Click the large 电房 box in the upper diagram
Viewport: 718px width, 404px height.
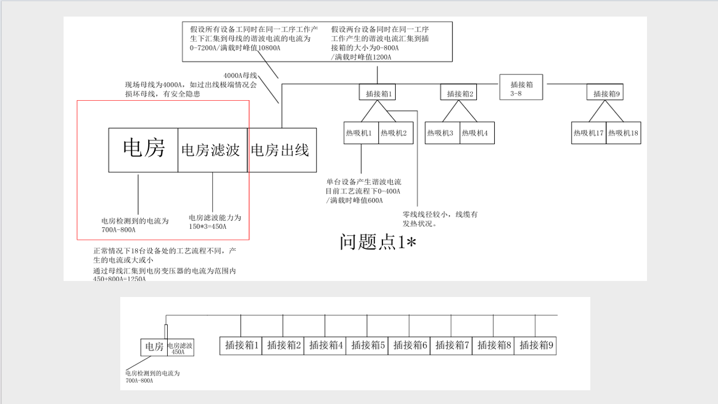pyautogui.click(x=143, y=150)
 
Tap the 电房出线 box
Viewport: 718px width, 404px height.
pyautogui.click(x=282, y=150)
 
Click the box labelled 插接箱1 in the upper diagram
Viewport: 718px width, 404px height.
pyautogui.click(x=377, y=93)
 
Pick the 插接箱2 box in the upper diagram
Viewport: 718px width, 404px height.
pyautogui.click(x=459, y=93)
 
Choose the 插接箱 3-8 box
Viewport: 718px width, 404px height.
pyautogui.click(x=521, y=87)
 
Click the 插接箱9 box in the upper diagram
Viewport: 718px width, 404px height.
pyautogui.click(x=605, y=93)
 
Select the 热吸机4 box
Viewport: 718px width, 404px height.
pyautogui.click(x=477, y=133)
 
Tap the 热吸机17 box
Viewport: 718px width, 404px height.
pyautogui.click(x=589, y=133)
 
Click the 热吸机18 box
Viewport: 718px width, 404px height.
pyautogui.click(x=624, y=133)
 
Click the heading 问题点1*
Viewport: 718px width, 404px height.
pyautogui.click(x=377, y=242)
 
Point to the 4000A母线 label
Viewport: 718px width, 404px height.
pyautogui.click(x=240, y=76)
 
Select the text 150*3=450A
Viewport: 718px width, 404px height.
pyautogui.click(x=208, y=227)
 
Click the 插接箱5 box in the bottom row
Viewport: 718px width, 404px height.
pyautogui.click(x=367, y=346)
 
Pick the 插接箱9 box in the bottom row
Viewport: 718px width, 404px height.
pyautogui.click(x=535, y=346)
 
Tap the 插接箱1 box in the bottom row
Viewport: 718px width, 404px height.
pyautogui.click(x=241, y=346)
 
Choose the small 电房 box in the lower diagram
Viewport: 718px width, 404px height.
pyautogui.click(x=153, y=347)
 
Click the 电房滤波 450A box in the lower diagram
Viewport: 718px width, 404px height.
pyautogui.click(x=180, y=348)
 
